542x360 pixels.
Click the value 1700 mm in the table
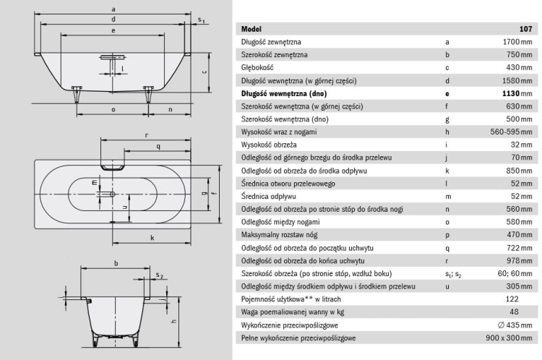click(517, 42)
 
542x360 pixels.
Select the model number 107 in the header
click(526, 29)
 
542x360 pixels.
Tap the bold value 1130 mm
click(517, 93)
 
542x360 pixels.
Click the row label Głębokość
click(257, 68)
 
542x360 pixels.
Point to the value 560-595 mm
click(511, 132)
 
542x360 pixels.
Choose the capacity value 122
click(512, 299)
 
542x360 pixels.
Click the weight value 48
click(514, 312)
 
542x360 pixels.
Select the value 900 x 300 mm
click(509, 338)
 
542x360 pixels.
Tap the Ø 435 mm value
click(515, 325)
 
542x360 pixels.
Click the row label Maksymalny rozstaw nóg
click(279, 235)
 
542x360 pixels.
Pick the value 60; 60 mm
click(515, 273)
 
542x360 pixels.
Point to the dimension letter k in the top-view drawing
click(152, 238)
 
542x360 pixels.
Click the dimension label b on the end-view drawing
click(116, 263)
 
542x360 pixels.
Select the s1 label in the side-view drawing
click(201, 20)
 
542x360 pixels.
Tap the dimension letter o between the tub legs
click(113, 110)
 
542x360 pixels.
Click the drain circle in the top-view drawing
click(112, 194)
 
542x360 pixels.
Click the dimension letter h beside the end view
click(173, 321)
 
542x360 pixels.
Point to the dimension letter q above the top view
click(158, 147)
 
